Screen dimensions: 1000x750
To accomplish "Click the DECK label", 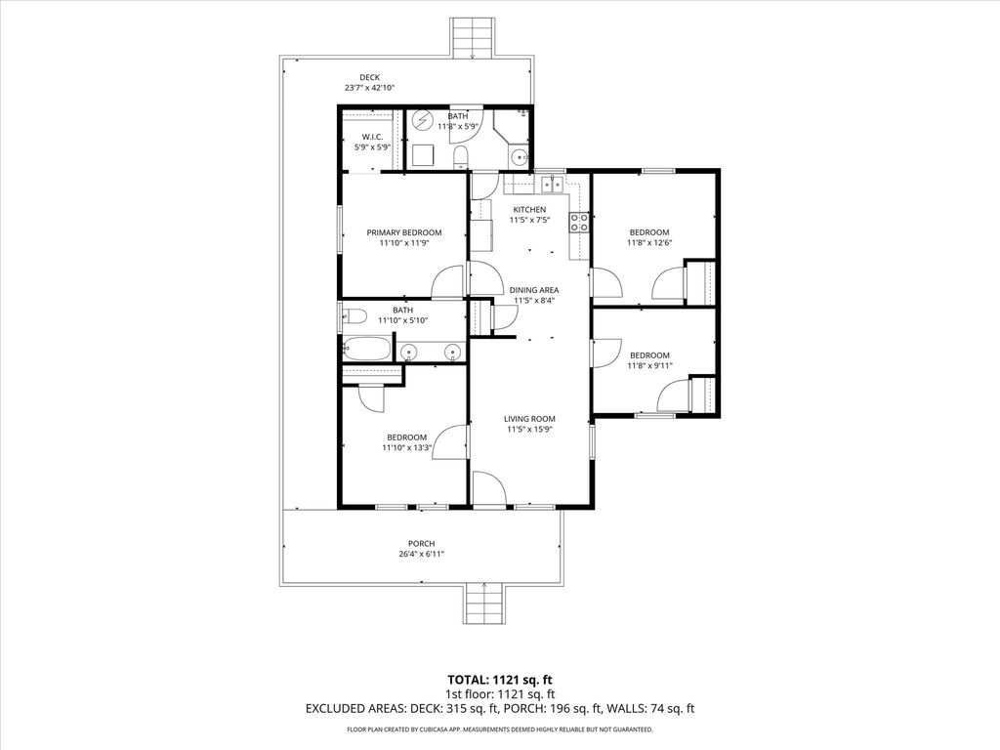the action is click(369, 78).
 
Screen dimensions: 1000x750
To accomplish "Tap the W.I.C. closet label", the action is click(372, 137).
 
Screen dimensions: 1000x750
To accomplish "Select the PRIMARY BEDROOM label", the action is click(403, 232).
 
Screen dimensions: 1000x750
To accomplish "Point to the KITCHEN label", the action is click(529, 210).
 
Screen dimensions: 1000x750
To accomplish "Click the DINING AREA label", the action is click(534, 290).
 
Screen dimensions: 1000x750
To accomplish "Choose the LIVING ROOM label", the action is click(529, 419).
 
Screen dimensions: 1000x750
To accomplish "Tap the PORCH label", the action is click(422, 544).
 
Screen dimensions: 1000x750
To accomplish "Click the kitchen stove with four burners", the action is click(580, 222).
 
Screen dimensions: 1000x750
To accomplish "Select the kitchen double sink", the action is click(553, 184).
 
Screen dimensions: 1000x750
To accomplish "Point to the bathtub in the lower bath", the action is click(366, 349).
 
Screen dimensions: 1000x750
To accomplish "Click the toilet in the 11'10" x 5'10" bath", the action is click(353, 315).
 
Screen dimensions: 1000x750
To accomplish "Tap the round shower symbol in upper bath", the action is click(421, 120).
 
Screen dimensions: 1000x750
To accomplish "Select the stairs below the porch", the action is click(484, 604).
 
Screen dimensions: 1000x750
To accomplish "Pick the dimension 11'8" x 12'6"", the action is click(649, 243).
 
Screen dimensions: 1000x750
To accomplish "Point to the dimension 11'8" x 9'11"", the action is click(649, 366).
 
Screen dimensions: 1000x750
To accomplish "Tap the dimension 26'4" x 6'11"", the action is click(422, 555).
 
